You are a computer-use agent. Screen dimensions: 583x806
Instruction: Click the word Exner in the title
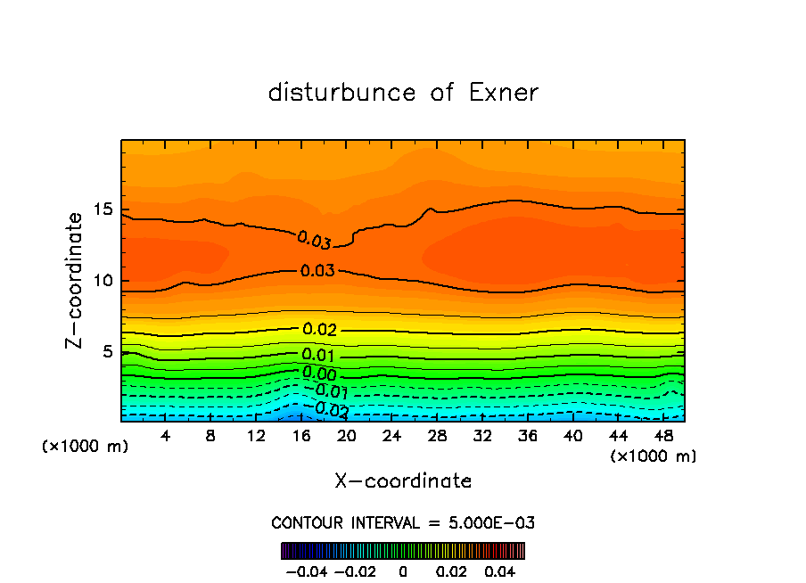pyautogui.click(x=504, y=93)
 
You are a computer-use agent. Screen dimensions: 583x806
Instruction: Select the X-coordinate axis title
pyautogui.click(x=403, y=481)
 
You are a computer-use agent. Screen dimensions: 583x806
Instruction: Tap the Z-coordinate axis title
pyautogui.click(x=76, y=280)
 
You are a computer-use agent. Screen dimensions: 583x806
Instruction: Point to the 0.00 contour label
pyautogui.click(x=318, y=374)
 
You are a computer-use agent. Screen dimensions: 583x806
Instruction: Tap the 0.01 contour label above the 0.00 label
pyautogui.click(x=318, y=356)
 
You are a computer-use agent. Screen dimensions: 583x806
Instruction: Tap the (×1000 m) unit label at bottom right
pyautogui.click(x=653, y=456)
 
